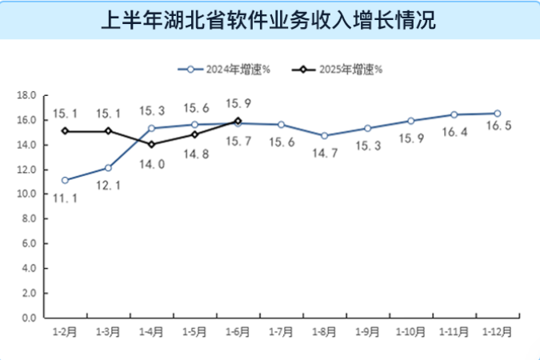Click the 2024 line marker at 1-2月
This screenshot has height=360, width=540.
(x=65, y=180)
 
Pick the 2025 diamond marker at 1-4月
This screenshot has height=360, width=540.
(x=151, y=145)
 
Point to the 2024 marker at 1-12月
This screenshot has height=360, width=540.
(x=497, y=114)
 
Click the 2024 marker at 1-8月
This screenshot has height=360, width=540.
(x=324, y=136)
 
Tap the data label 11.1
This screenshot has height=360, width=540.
(x=65, y=196)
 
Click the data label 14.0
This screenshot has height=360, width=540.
(x=151, y=164)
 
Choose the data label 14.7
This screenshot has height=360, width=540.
(x=324, y=151)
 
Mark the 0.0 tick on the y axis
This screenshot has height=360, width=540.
(x=30, y=318)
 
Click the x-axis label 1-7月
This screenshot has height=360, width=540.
(x=281, y=330)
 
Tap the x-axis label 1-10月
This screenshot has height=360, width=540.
(x=410, y=330)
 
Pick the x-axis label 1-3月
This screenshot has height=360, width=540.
(x=108, y=330)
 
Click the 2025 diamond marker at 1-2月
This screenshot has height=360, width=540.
(x=65, y=131)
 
